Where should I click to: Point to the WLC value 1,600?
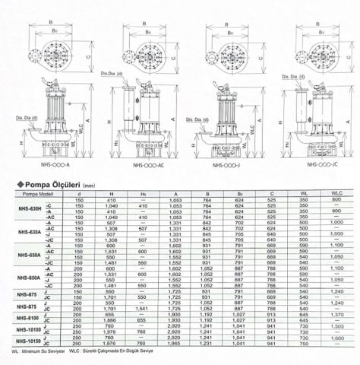[x=336, y=338]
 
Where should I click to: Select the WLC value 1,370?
[x=336, y=315]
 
